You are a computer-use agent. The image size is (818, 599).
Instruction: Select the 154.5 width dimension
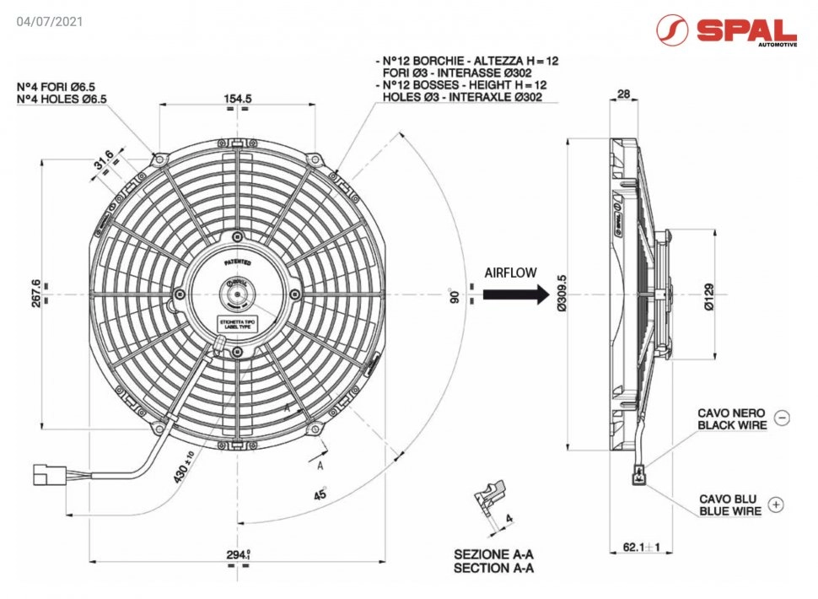(x=238, y=99)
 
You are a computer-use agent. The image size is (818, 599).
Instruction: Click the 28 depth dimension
(x=624, y=94)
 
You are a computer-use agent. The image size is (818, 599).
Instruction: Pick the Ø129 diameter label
(x=709, y=295)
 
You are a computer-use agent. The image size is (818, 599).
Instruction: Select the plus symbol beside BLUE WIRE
(x=777, y=505)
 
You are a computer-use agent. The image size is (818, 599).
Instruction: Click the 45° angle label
(x=320, y=495)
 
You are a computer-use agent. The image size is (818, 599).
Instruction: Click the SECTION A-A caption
(x=493, y=568)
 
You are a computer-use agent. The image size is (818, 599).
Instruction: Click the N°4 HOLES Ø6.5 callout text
(x=62, y=99)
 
